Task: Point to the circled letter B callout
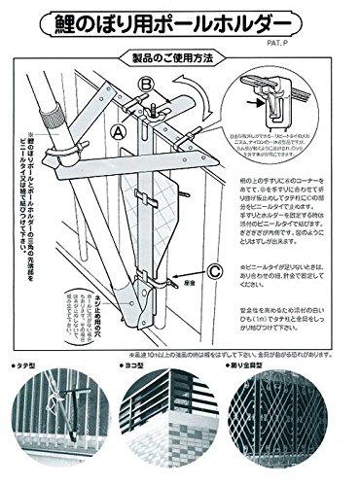click(x=146, y=87)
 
